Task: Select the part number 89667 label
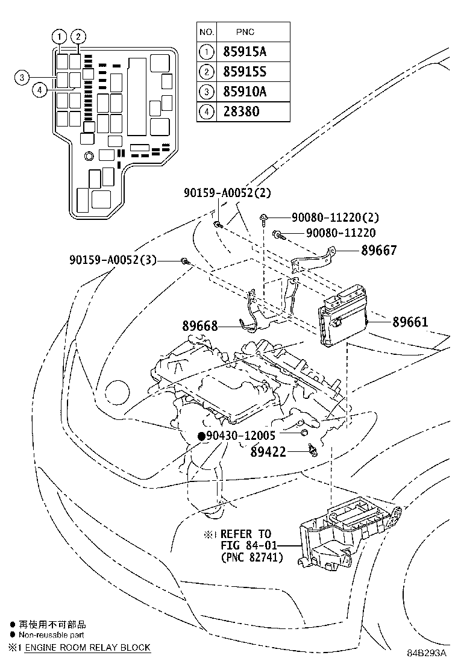pos(379,250)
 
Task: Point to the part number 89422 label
pos(268,451)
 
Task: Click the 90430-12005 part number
pos(240,436)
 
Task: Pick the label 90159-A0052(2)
pos(228,193)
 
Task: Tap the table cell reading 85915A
pos(244,52)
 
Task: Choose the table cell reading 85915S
pos(244,72)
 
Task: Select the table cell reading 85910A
pos(244,92)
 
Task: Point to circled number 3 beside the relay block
pos(21,77)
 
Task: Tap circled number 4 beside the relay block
pos(39,90)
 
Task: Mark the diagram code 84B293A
pos(425,653)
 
